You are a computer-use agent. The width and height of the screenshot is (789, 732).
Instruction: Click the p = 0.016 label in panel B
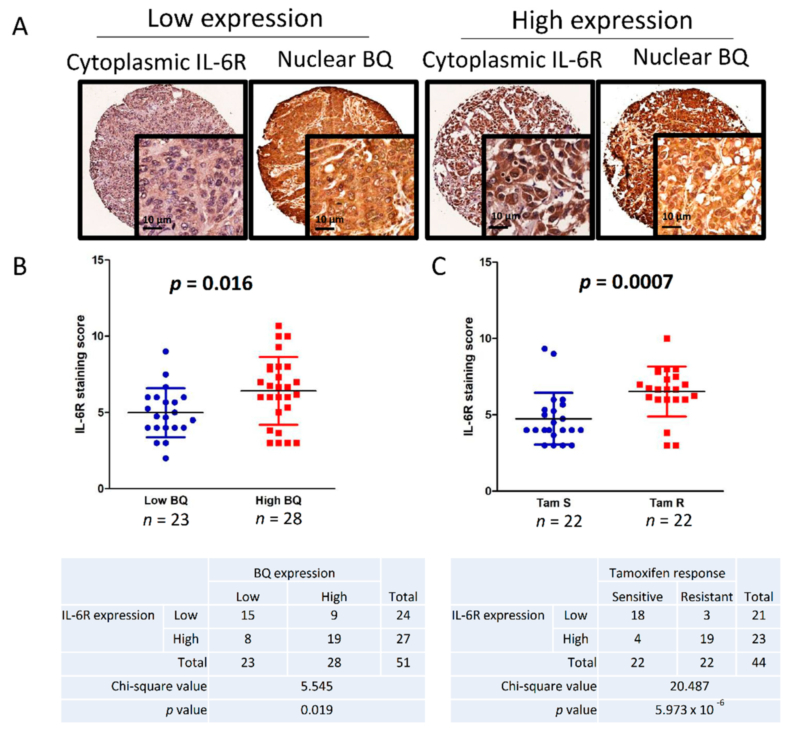pyautogui.click(x=211, y=284)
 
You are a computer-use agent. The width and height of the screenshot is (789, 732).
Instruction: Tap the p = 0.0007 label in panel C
pyautogui.click(x=626, y=282)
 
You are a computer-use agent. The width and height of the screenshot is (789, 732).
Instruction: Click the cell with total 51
pyautogui.click(x=403, y=662)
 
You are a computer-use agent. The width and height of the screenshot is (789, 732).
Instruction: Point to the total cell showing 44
pyautogui.click(x=758, y=662)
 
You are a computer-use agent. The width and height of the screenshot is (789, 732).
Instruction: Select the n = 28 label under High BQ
pyautogui.click(x=279, y=519)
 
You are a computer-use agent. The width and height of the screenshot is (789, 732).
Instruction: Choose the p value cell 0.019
pyautogui.click(x=316, y=710)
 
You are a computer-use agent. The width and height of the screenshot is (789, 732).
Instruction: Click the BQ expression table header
pyautogui.click(x=294, y=573)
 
